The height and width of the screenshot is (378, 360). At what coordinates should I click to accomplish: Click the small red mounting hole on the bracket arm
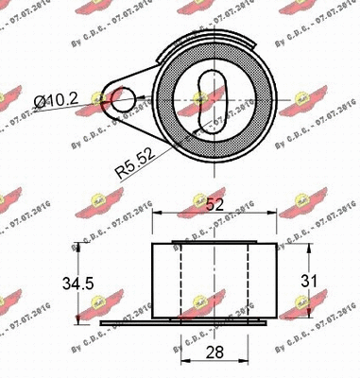click(x=119, y=97)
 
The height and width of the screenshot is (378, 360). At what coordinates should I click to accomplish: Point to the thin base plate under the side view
click(x=189, y=323)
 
